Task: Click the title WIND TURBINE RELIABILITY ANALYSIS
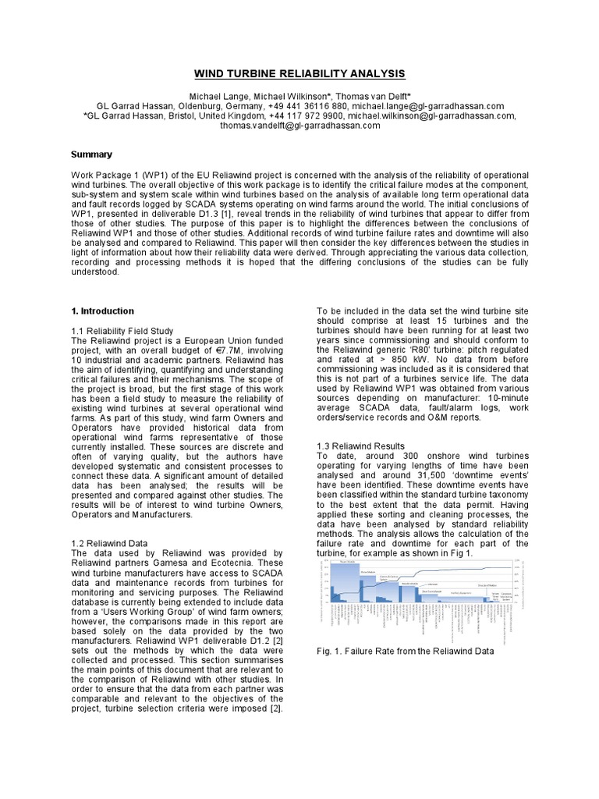pyautogui.click(x=299, y=73)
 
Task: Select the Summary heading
pyautogui.click(x=91, y=154)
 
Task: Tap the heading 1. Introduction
pyautogui.click(x=102, y=311)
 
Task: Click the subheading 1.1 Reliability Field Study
pyautogui.click(x=122, y=331)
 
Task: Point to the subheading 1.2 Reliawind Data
pyautogui.click(x=112, y=542)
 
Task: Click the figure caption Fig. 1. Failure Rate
pyautogui.click(x=405, y=651)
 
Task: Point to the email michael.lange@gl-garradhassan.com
pyautogui.click(x=427, y=106)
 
